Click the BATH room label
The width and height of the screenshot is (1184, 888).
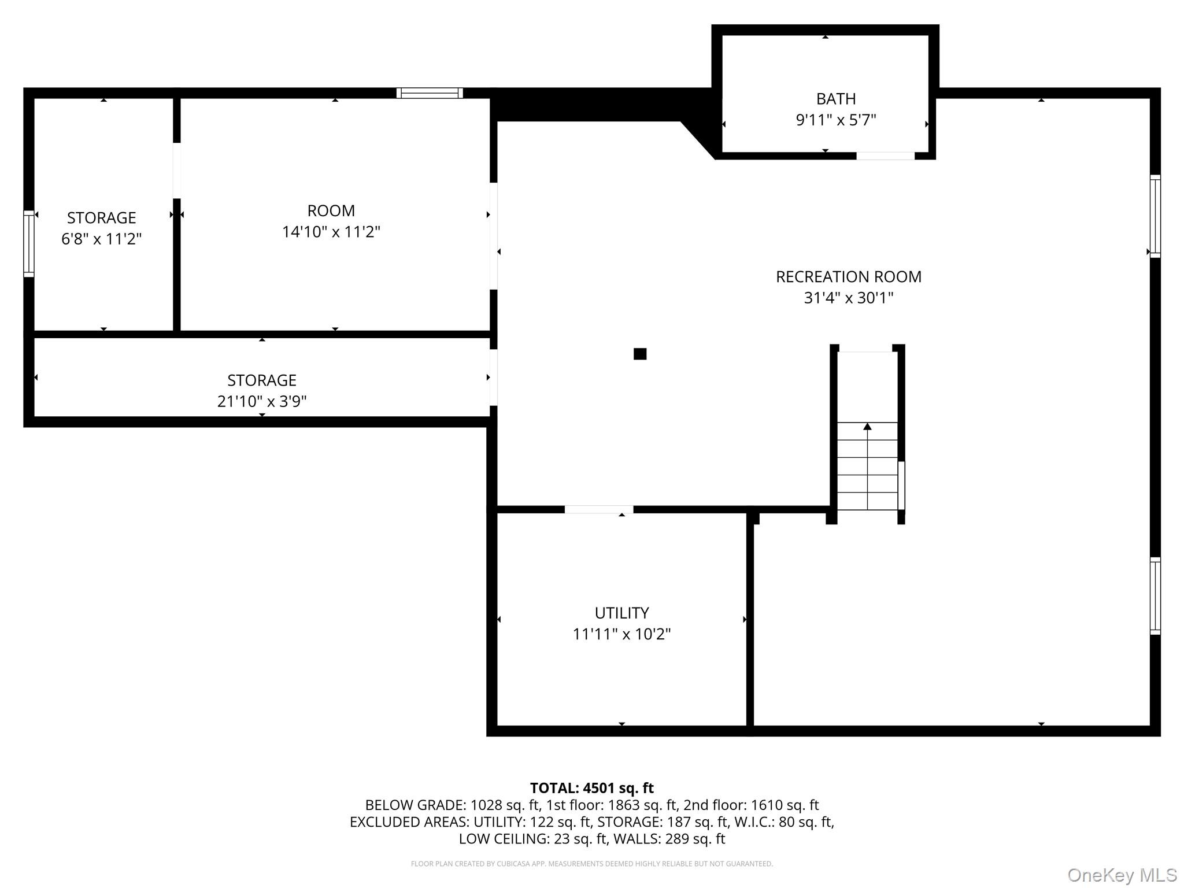[835, 99]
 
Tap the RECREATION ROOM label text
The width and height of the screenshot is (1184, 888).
[848, 277]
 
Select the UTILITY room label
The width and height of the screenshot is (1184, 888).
[621, 613]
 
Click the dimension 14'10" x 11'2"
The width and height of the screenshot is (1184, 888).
[331, 232]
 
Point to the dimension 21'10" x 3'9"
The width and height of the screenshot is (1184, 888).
[261, 401]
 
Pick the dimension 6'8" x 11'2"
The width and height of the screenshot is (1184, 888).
[101, 239]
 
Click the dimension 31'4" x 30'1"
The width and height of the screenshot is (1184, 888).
[848, 298]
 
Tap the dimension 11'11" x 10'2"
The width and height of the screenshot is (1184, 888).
[621, 634]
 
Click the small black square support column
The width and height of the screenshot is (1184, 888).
[639, 354]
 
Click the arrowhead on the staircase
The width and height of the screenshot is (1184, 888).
[867, 426]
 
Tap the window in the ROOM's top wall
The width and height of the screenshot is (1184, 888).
[430, 93]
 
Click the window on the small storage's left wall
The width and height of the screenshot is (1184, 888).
[28, 243]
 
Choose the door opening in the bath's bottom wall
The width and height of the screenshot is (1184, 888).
[885, 156]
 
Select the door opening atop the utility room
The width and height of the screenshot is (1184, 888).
[598, 509]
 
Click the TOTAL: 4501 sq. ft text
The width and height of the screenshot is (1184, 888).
[591, 788]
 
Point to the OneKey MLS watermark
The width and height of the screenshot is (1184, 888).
[1122, 875]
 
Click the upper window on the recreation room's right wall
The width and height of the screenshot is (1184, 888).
[1155, 216]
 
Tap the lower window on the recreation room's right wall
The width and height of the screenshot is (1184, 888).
[1155, 595]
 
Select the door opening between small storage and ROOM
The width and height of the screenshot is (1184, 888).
[176, 171]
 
